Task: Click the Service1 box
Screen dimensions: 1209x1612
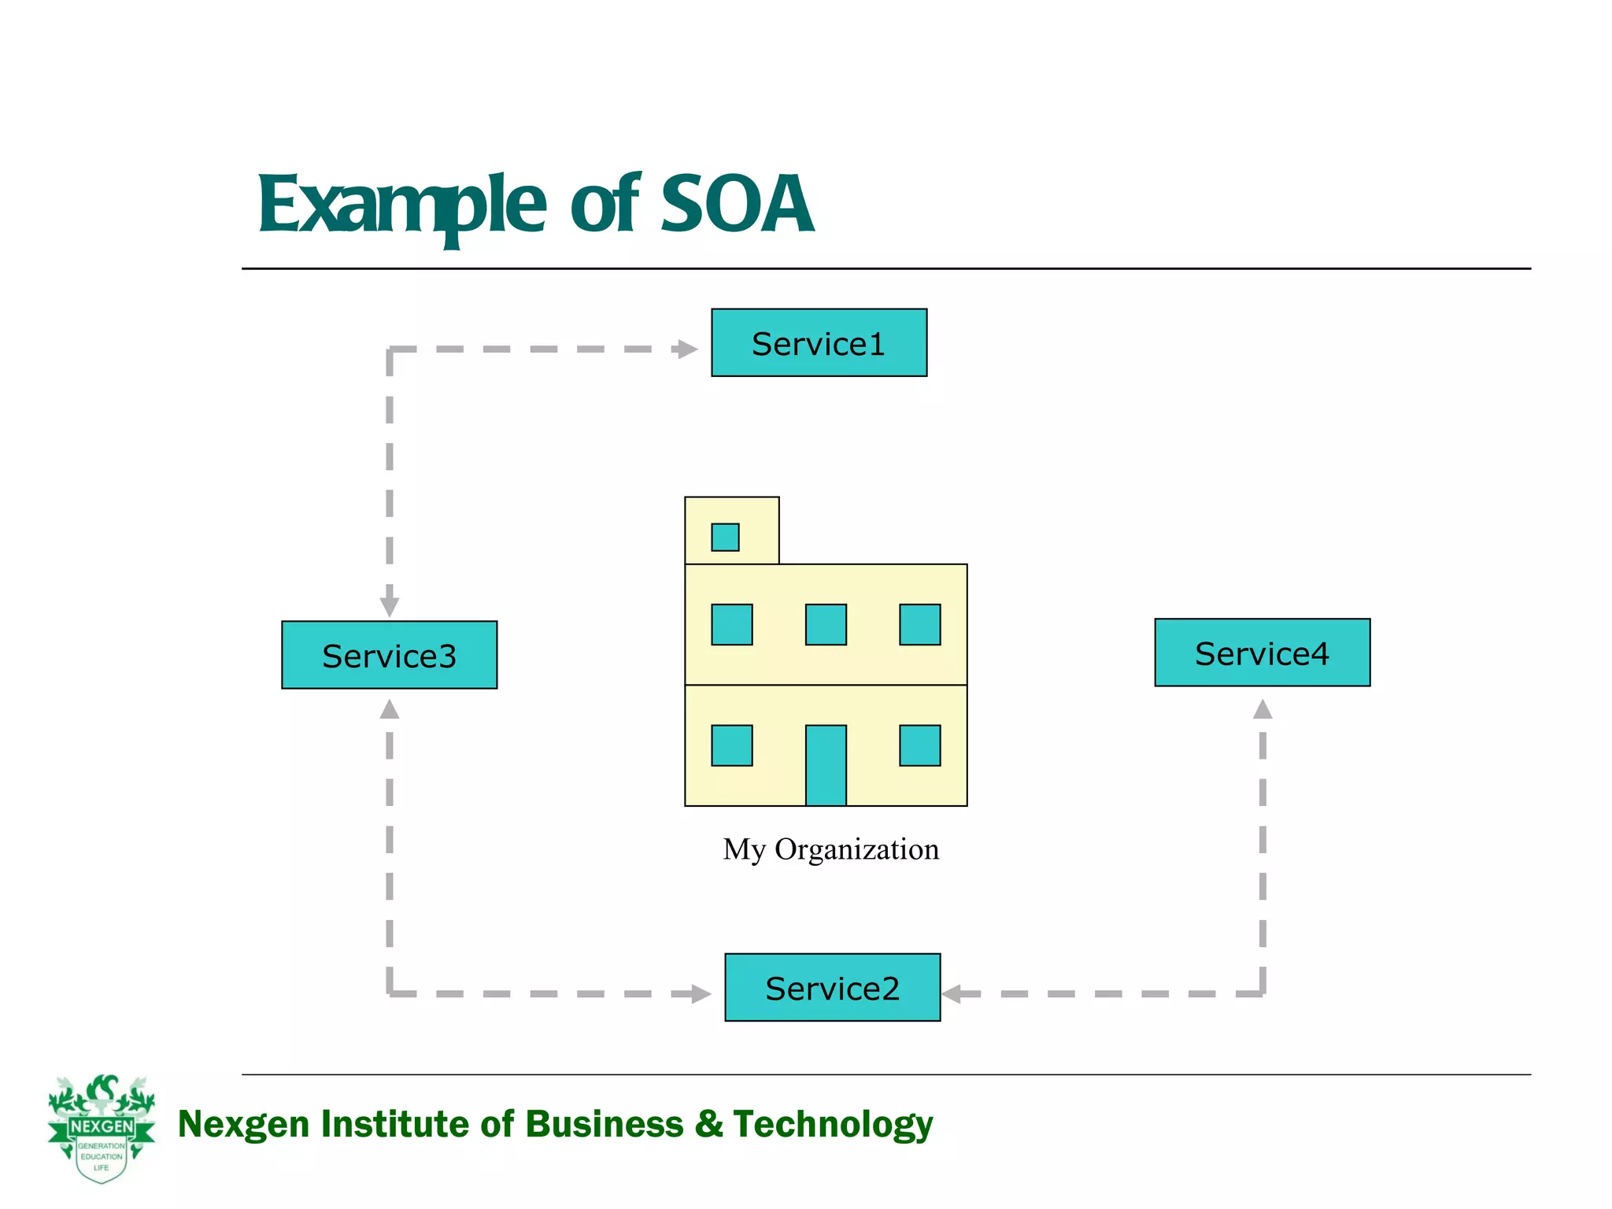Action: pos(819,342)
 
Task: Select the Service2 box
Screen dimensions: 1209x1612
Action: pos(832,987)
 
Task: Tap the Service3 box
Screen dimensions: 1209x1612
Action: pos(389,655)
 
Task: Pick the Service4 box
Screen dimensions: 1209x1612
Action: pos(1262,653)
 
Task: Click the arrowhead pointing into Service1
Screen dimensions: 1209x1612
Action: pos(688,349)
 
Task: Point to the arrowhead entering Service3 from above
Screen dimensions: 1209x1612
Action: pos(390,607)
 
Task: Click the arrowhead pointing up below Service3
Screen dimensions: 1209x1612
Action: pos(390,709)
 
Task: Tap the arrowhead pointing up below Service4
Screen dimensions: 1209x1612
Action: pos(1263,709)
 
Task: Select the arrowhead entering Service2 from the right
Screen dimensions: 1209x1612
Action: pos(952,993)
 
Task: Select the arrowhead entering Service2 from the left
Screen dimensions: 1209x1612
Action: pos(701,993)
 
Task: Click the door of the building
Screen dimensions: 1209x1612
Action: pos(826,765)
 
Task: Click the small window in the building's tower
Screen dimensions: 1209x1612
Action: pos(725,537)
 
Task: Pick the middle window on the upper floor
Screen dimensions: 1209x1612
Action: pos(826,624)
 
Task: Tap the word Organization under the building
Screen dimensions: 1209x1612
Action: pos(856,850)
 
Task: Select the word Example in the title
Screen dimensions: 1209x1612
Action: pos(401,206)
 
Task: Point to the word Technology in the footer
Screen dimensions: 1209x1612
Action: pos(833,1124)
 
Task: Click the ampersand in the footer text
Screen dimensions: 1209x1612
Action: pos(708,1123)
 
